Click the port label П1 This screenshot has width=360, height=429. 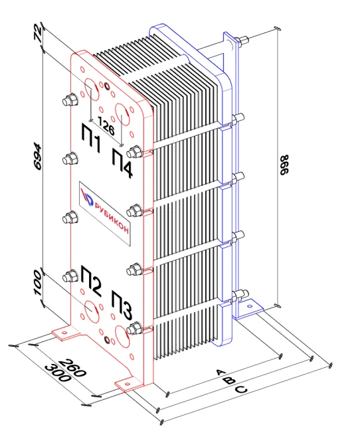(92, 137)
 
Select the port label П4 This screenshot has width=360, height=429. (122, 163)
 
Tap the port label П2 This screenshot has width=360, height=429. (91, 280)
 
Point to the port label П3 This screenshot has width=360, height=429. (122, 305)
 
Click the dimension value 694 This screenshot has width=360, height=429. (37, 156)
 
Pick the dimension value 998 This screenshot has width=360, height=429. (284, 165)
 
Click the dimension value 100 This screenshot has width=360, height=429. (37, 283)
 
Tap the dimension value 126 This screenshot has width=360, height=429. (106, 126)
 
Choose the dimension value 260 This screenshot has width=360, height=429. (72, 367)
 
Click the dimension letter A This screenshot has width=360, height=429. (221, 373)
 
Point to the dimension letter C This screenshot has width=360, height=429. (242, 389)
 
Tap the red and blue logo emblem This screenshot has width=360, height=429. (88, 198)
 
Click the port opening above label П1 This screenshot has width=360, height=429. (91, 90)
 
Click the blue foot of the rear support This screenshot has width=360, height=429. (248, 309)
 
